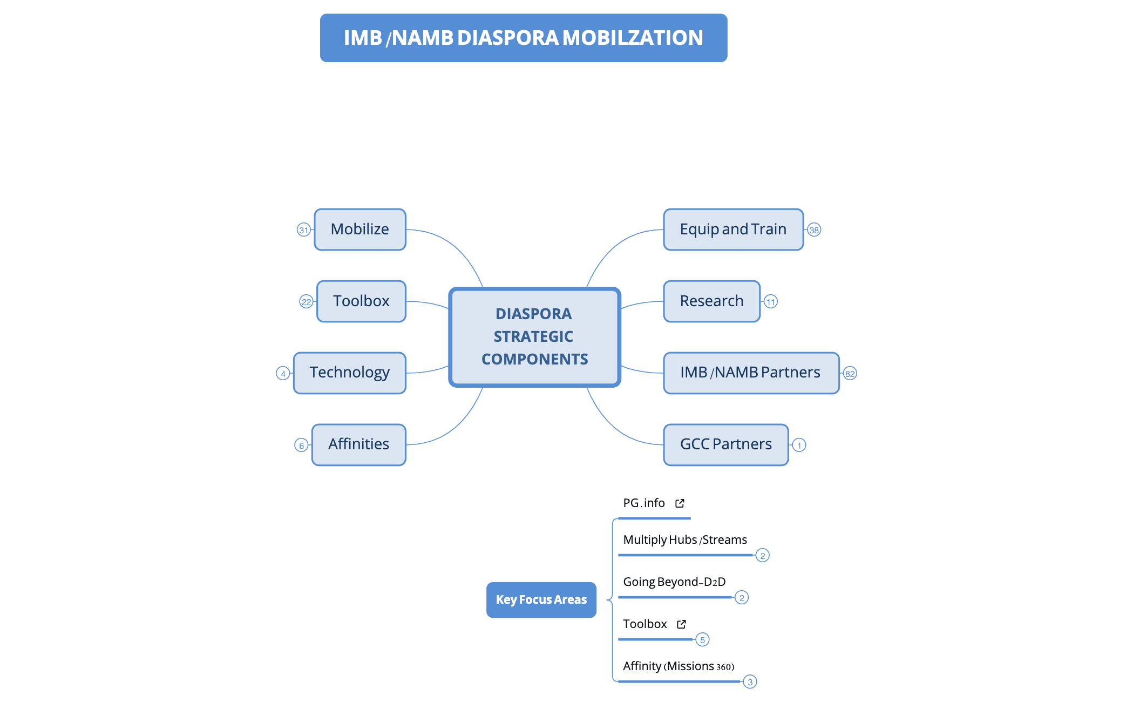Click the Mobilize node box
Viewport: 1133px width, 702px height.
(x=360, y=230)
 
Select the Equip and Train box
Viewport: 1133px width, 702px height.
(x=733, y=230)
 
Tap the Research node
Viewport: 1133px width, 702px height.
(x=711, y=301)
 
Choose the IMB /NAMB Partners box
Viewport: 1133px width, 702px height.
(x=751, y=373)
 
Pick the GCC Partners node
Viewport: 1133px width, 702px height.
(x=725, y=445)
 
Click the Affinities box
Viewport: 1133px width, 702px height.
(x=359, y=445)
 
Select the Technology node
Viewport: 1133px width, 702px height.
(x=350, y=373)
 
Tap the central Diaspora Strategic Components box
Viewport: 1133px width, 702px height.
(x=534, y=337)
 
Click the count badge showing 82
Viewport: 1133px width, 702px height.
(x=850, y=374)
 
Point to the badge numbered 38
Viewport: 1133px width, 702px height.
(x=814, y=230)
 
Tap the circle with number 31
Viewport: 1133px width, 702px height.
(x=304, y=230)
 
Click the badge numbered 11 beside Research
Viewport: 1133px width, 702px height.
(x=771, y=302)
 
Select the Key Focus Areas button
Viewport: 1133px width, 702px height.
(x=541, y=599)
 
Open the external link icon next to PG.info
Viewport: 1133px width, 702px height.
(x=680, y=503)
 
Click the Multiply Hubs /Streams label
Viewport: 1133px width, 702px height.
(x=685, y=539)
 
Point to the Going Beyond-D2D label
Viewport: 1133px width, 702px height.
(x=674, y=582)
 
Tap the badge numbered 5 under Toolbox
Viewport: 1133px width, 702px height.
(x=702, y=640)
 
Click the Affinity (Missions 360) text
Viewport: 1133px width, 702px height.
(x=679, y=666)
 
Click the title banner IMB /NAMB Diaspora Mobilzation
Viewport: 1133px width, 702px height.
(x=524, y=38)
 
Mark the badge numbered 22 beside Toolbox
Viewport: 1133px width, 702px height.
(x=306, y=302)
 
